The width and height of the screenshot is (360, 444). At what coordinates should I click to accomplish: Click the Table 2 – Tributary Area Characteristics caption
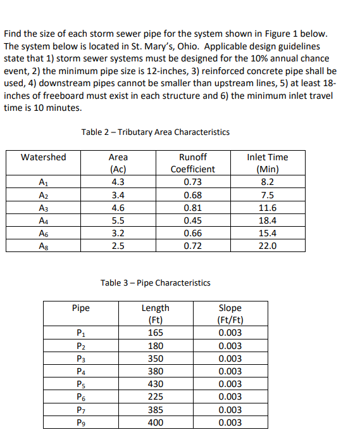point(155,132)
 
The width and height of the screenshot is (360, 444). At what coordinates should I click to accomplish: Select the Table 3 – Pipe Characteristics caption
point(155,282)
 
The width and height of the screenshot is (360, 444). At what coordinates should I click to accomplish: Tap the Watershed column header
point(43,157)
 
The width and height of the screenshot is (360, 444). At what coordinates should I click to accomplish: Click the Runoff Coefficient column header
point(192,163)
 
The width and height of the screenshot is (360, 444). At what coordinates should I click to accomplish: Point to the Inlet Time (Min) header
point(268,163)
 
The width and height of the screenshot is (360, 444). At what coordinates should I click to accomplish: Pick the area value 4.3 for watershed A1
point(118,182)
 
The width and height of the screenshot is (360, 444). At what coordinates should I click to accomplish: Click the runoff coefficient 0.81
point(192,208)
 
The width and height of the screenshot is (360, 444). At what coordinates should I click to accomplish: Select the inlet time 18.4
point(268,220)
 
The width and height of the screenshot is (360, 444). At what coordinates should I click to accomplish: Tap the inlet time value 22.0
point(268,246)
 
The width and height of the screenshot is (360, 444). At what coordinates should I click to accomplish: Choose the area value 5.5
point(118,220)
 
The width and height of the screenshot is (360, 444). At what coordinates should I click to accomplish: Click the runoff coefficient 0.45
point(192,220)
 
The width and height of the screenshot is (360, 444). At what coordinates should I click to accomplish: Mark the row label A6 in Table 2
point(43,233)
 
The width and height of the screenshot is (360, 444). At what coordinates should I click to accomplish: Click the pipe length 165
point(155,333)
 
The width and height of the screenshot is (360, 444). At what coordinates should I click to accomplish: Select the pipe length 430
point(155,384)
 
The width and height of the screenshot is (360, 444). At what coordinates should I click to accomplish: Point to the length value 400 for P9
point(155,422)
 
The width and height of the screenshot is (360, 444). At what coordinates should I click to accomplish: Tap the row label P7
point(80,410)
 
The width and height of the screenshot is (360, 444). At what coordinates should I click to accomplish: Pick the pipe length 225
point(155,396)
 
